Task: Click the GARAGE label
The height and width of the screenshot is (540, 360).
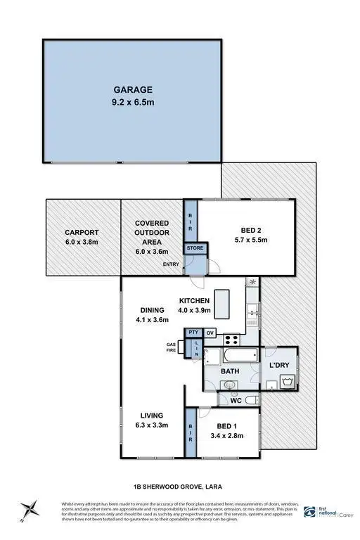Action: (x=133, y=90)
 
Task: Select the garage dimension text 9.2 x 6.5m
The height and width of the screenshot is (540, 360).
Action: (x=133, y=102)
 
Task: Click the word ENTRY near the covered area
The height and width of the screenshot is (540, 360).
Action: (x=171, y=264)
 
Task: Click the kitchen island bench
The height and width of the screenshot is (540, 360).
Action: (x=224, y=302)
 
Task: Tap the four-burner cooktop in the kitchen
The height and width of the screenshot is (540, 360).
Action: (x=252, y=284)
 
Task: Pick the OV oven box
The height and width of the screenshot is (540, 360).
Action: (x=209, y=333)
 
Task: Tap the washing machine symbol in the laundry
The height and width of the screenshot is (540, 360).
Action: (x=286, y=382)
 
